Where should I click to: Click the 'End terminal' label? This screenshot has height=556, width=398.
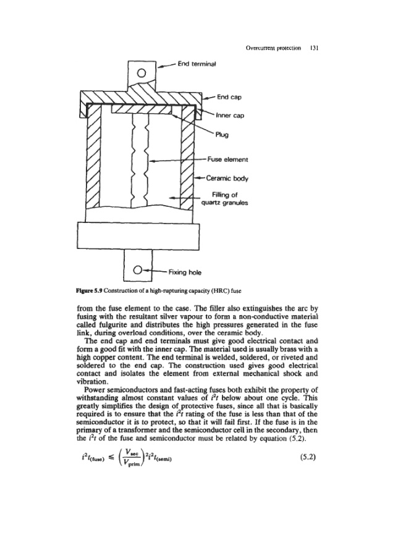pyautogui.click(x=195, y=62)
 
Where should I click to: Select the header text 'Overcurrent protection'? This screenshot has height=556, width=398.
pyautogui.click(x=273, y=47)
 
